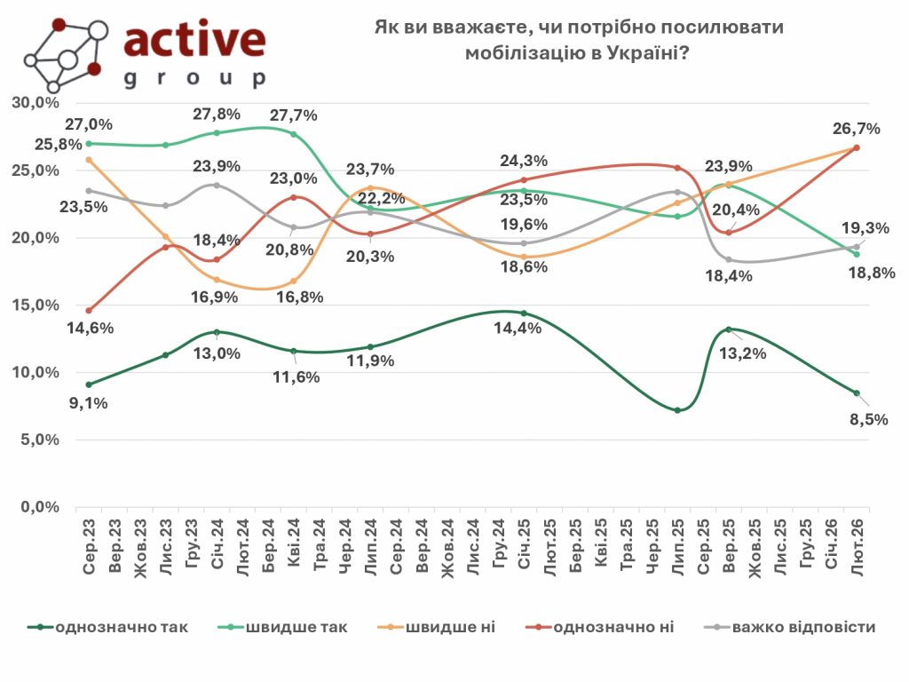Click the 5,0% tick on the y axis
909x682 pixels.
36,440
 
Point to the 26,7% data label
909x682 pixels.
857,129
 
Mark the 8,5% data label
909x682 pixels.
868,419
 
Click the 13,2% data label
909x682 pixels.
747,353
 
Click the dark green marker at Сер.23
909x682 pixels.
89,385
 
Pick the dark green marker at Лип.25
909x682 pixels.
678,410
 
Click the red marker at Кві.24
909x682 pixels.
294,197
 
